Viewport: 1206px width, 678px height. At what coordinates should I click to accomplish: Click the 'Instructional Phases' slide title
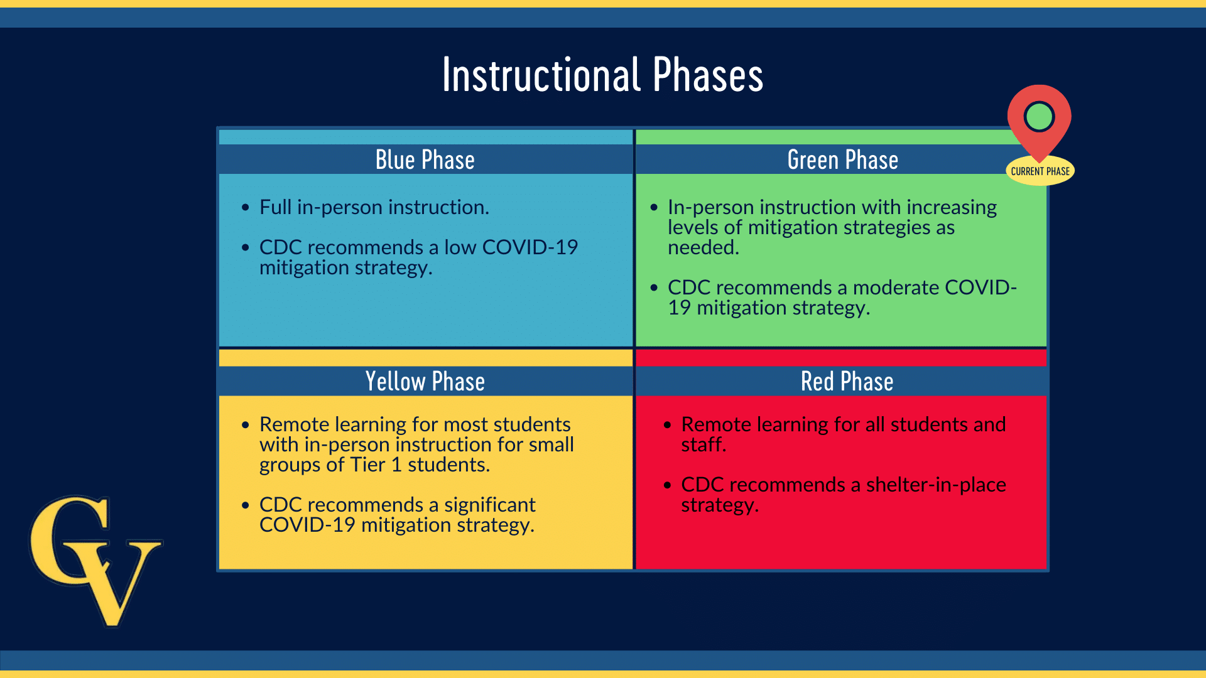603,75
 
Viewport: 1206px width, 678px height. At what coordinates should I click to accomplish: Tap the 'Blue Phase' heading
425,160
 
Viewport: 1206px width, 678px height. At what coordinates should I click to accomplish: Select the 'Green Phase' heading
843,160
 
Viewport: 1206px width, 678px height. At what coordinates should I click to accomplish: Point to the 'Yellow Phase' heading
425,382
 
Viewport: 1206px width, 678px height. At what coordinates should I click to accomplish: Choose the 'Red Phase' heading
847,382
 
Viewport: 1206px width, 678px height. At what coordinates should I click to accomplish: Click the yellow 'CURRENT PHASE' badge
1040,171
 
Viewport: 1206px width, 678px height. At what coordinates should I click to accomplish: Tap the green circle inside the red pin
1039,116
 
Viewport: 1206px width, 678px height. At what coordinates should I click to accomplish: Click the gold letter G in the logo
69,540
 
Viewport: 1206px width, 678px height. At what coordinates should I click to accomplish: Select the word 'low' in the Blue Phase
460,247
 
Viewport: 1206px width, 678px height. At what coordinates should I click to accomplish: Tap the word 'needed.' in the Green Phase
703,247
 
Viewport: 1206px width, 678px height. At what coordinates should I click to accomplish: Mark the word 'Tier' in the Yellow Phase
367,465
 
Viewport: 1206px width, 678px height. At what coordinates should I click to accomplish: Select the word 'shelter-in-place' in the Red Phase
936,485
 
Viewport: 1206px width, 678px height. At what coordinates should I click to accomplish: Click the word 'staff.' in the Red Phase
703,444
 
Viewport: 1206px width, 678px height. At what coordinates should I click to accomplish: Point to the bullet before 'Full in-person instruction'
246,208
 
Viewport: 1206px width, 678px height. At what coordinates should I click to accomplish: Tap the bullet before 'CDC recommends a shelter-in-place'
667,485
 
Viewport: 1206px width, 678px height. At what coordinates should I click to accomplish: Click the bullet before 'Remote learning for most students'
246,425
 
